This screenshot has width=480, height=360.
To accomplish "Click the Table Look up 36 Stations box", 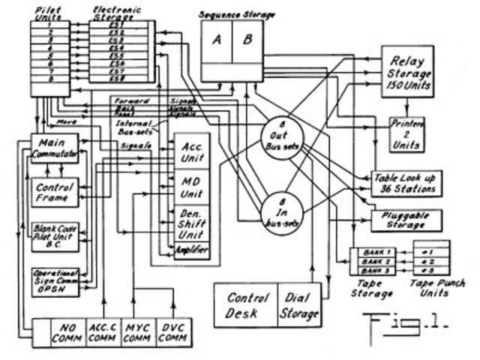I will (405, 182).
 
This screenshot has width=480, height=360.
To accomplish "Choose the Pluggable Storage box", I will (405, 220).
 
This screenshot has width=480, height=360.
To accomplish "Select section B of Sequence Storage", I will (248, 40).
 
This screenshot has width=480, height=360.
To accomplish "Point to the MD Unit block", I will (193, 187).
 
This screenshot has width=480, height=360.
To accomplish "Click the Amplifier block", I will (193, 250).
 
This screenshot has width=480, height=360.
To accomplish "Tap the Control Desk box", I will (247, 304).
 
